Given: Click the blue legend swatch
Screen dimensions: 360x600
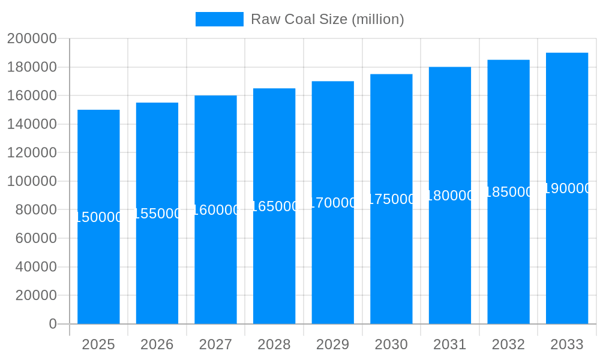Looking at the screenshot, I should tap(220, 19).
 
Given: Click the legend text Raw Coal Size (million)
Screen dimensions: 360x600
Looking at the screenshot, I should tap(327, 19).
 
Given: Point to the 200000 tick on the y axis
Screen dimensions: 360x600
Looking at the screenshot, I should tap(32, 39).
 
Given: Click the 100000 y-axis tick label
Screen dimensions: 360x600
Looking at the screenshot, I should tap(32, 181).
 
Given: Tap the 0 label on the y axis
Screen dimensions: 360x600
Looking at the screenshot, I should tap(53, 324).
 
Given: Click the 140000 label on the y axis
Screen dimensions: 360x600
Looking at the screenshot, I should tap(32, 124).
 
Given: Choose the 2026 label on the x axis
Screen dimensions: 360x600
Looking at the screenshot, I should tap(157, 344).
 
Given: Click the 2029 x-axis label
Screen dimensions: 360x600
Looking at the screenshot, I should tap(333, 344).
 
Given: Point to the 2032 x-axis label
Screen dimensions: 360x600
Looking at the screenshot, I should tap(508, 344).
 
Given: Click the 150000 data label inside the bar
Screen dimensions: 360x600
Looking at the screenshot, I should tap(98, 217).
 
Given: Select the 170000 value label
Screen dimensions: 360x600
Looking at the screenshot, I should tap(333, 203).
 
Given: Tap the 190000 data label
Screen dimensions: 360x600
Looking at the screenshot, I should tap(567, 188).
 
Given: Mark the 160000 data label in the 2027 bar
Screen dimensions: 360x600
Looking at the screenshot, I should tap(215, 210).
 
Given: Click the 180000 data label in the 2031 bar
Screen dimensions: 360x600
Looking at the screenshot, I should tap(450, 196).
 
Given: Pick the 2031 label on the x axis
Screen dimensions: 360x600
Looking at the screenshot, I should tap(450, 344).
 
